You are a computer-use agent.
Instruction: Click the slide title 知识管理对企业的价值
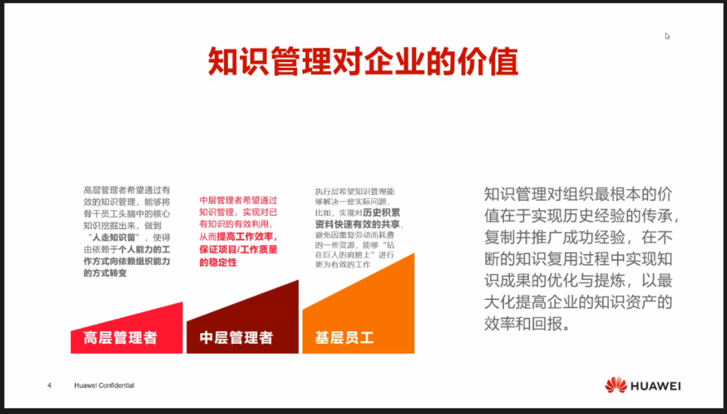363,62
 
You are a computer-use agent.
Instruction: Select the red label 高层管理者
120,337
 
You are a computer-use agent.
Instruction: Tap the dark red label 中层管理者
236,337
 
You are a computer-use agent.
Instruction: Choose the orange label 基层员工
344,337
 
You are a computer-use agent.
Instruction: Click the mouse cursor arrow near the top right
668,36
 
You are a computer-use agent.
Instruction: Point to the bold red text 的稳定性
218,263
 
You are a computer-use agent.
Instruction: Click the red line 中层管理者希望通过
239,199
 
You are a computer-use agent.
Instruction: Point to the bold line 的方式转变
105,274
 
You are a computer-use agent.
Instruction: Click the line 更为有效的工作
343,266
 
